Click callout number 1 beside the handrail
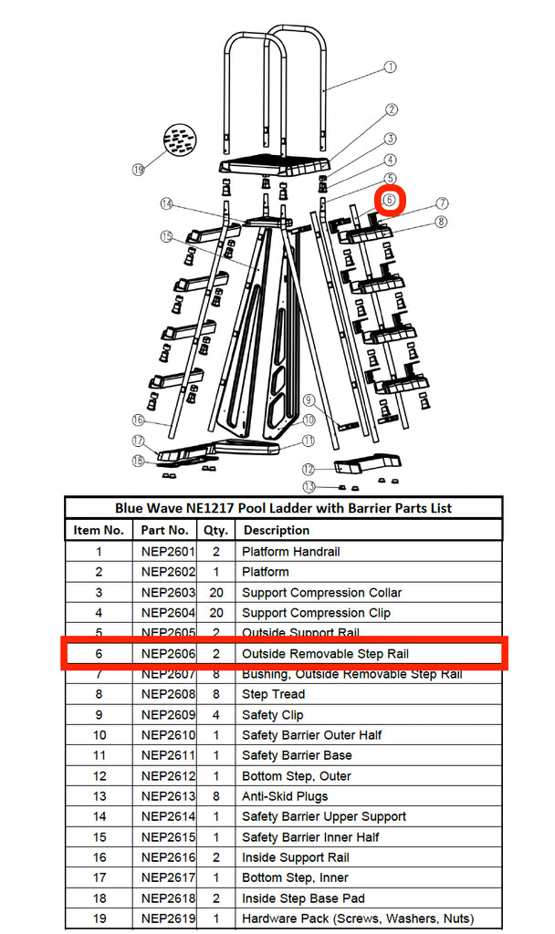[390, 67]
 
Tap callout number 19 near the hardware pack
[139, 169]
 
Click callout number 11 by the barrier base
[309, 440]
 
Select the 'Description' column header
[276, 530]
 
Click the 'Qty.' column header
[215, 530]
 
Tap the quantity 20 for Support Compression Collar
[215, 593]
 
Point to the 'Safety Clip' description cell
[272, 715]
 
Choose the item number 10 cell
[99, 735]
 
